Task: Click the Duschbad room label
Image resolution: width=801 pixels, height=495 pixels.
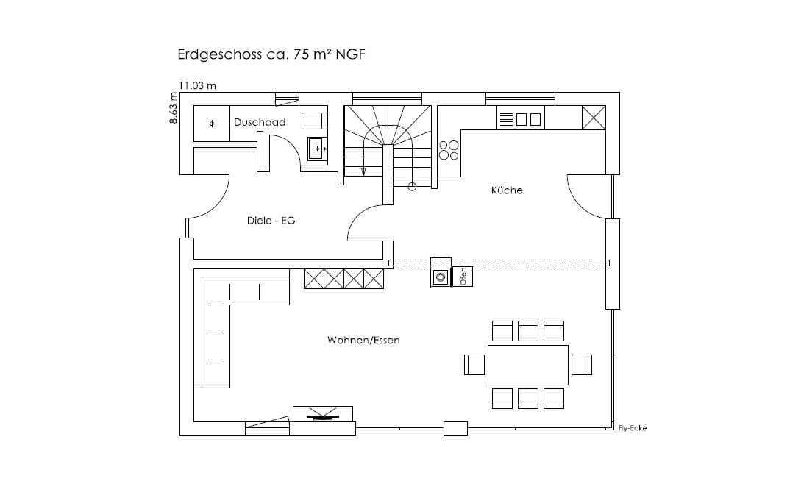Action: pyautogui.click(x=260, y=122)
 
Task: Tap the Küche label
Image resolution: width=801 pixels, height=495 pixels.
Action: pyautogui.click(x=507, y=190)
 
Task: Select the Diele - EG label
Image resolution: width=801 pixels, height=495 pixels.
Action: pyautogui.click(x=271, y=221)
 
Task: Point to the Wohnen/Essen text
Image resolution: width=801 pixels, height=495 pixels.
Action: pyautogui.click(x=363, y=341)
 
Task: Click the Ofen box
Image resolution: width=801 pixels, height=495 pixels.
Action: pyautogui.click(x=463, y=277)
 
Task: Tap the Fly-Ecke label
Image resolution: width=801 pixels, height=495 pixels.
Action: pyautogui.click(x=633, y=428)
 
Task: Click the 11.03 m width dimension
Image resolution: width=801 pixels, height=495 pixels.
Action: pyautogui.click(x=197, y=85)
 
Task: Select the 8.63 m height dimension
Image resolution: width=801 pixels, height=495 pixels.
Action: pyautogui.click(x=173, y=108)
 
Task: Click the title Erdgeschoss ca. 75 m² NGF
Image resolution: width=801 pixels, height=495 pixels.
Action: pyautogui.click(x=271, y=54)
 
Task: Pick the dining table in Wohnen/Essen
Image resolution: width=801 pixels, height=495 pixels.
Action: pyautogui.click(x=527, y=365)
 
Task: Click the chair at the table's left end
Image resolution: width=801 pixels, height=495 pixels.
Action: pyautogui.click(x=474, y=365)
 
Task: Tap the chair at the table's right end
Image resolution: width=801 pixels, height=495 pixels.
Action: pyautogui.click(x=582, y=365)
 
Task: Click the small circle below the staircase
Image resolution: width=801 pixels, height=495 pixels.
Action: pyautogui.click(x=412, y=187)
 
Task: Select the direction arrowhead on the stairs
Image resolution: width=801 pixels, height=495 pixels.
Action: pyautogui.click(x=363, y=172)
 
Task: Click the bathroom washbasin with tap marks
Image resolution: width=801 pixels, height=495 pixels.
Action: pyautogui.click(x=318, y=149)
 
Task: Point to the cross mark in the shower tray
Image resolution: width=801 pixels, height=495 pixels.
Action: pyautogui.click(x=212, y=124)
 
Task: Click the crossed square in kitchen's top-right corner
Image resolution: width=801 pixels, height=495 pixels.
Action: pyautogui.click(x=594, y=118)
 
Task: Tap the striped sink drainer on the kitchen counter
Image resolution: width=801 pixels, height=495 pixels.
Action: pyautogui.click(x=506, y=120)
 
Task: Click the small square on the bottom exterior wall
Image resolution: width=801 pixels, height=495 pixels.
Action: pyautogui.click(x=455, y=429)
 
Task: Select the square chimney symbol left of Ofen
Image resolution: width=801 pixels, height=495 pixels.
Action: pyautogui.click(x=441, y=277)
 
